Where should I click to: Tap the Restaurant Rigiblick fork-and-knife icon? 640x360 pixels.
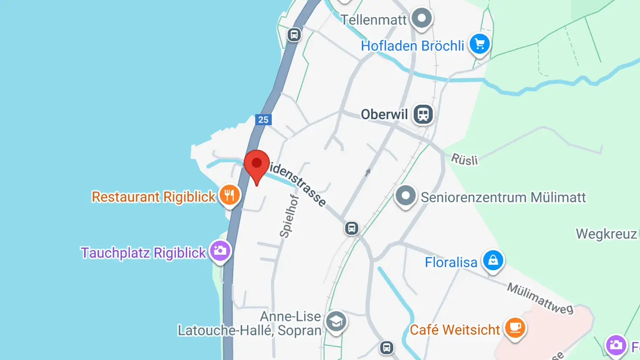[229, 195]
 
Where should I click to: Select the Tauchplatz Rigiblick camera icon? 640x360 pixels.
[220, 251]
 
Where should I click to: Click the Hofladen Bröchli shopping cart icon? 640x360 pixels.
[480, 44]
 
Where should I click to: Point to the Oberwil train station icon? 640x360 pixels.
[423, 114]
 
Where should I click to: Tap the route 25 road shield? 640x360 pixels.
[263, 120]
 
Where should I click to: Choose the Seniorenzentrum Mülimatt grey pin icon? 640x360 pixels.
[405, 196]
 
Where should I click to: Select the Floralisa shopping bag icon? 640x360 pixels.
[493, 261]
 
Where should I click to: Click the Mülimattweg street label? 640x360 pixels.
[540, 299]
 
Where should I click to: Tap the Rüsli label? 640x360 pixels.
[464, 159]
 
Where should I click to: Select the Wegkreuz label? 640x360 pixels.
[607, 234]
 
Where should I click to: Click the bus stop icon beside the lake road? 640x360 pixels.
[294, 34]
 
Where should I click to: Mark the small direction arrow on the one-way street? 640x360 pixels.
[368, 172]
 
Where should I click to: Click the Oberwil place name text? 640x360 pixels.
[384, 114]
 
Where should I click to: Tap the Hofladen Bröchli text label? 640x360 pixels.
[412, 46]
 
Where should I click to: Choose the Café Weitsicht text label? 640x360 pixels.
[455, 330]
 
